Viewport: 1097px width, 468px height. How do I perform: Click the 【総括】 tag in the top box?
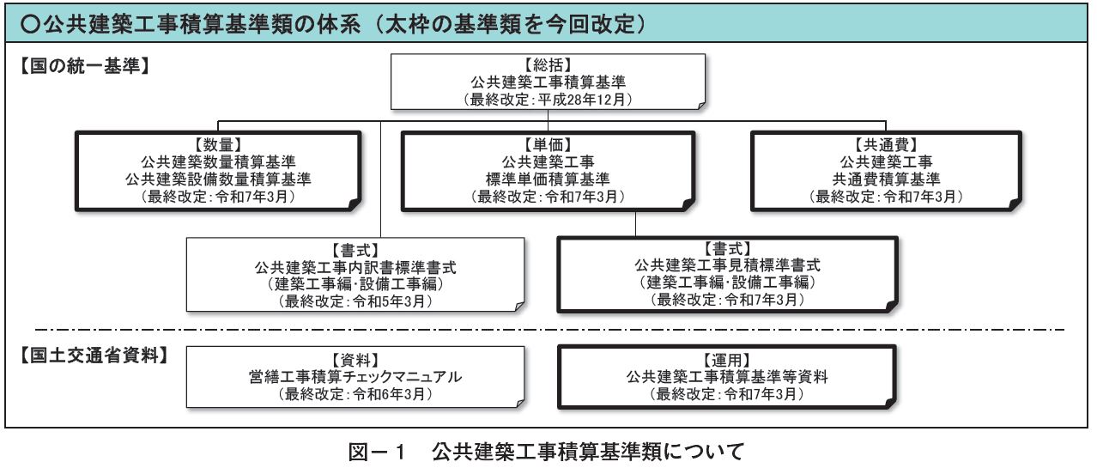548,64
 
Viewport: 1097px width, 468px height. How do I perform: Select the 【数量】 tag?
218,145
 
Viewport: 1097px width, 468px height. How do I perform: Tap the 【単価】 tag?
548,145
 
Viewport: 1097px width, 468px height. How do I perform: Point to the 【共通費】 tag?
886,145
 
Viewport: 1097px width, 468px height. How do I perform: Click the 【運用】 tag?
727,361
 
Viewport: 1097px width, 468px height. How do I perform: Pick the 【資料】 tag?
355,361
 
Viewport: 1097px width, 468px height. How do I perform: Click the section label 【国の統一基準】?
85,65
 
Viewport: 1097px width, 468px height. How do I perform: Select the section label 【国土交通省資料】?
94,356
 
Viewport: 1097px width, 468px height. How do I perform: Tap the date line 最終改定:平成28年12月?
548,100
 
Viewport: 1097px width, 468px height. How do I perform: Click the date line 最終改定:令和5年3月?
355,301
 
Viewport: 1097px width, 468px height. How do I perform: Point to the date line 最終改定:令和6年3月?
355,394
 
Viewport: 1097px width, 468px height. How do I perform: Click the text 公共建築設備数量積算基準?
218,179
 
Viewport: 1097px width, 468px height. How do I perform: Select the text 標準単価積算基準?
548,179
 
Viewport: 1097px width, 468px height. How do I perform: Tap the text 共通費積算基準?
886,179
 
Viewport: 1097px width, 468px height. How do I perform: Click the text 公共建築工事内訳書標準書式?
355,268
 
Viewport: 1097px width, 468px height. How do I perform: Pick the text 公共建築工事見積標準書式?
727,265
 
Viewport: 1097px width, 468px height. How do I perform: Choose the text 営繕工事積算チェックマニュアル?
355,377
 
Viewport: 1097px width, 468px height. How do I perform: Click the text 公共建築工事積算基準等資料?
727,377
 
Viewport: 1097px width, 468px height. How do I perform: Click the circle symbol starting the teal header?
31,23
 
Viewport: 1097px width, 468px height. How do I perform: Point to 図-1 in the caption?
377,452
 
